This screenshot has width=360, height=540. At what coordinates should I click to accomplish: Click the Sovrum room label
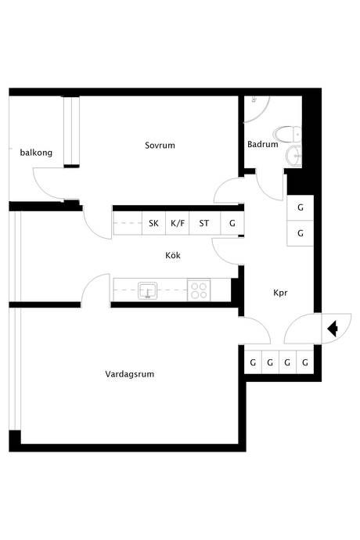pos(160,146)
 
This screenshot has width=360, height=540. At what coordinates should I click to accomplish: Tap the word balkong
pos(36,153)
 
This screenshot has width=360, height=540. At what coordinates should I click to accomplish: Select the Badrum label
pos(262,144)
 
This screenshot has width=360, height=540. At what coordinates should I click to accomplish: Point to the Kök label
pos(173,255)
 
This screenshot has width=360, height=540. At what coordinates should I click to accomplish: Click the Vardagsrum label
pos(130,374)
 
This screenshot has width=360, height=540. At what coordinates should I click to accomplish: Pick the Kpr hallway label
pos(280,293)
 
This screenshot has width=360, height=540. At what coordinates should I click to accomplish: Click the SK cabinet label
pos(153,223)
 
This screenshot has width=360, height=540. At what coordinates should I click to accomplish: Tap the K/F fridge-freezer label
pos(178,223)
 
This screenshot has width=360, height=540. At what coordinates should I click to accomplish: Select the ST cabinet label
pos(204,223)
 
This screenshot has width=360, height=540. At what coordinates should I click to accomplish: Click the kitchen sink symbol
pos(148,290)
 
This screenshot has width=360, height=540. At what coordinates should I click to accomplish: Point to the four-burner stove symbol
pos(199,290)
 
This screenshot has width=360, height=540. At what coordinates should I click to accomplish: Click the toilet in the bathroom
pos(287,134)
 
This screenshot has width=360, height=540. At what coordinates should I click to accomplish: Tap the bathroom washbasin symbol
pos(293,156)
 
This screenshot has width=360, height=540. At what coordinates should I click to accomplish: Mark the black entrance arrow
pos(333,329)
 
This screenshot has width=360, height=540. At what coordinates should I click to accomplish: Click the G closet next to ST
pos(232,223)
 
